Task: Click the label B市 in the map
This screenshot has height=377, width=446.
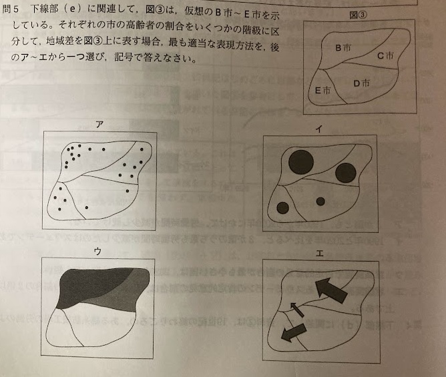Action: pyautogui.click(x=343, y=48)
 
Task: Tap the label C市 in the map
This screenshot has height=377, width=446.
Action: pyautogui.click(x=385, y=55)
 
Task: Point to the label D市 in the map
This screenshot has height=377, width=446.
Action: pyautogui.click(x=361, y=83)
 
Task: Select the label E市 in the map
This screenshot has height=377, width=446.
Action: pyautogui.click(x=323, y=90)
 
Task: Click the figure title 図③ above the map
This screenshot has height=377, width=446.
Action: pyautogui.click(x=358, y=15)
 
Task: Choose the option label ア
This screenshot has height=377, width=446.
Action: pyautogui.click(x=99, y=125)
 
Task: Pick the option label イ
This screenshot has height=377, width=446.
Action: pyautogui.click(x=319, y=129)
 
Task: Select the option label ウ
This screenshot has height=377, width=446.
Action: pyautogui.click(x=97, y=252)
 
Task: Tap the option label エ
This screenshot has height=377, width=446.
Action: pyautogui.click(x=320, y=254)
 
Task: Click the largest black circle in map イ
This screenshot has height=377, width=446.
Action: pyautogui.click(x=301, y=162)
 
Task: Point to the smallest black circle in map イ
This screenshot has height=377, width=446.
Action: pyautogui.click(x=320, y=202)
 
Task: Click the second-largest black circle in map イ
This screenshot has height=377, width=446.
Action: pyautogui.click(x=346, y=173)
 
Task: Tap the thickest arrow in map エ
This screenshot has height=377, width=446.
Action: pyautogui.click(x=330, y=289)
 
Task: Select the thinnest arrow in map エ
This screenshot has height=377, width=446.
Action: pyautogui.click(x=296, y=310)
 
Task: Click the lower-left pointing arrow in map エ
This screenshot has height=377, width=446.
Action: pyautogui.click(x=294, y=332)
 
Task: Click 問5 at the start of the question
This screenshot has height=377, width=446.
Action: pyautogui.click(x=10, y=9)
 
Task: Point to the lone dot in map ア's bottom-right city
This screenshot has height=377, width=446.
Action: pyautogui.click(x=127, y=191)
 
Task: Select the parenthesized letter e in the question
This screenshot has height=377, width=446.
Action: pyautogui.click(x=73, y=9)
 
